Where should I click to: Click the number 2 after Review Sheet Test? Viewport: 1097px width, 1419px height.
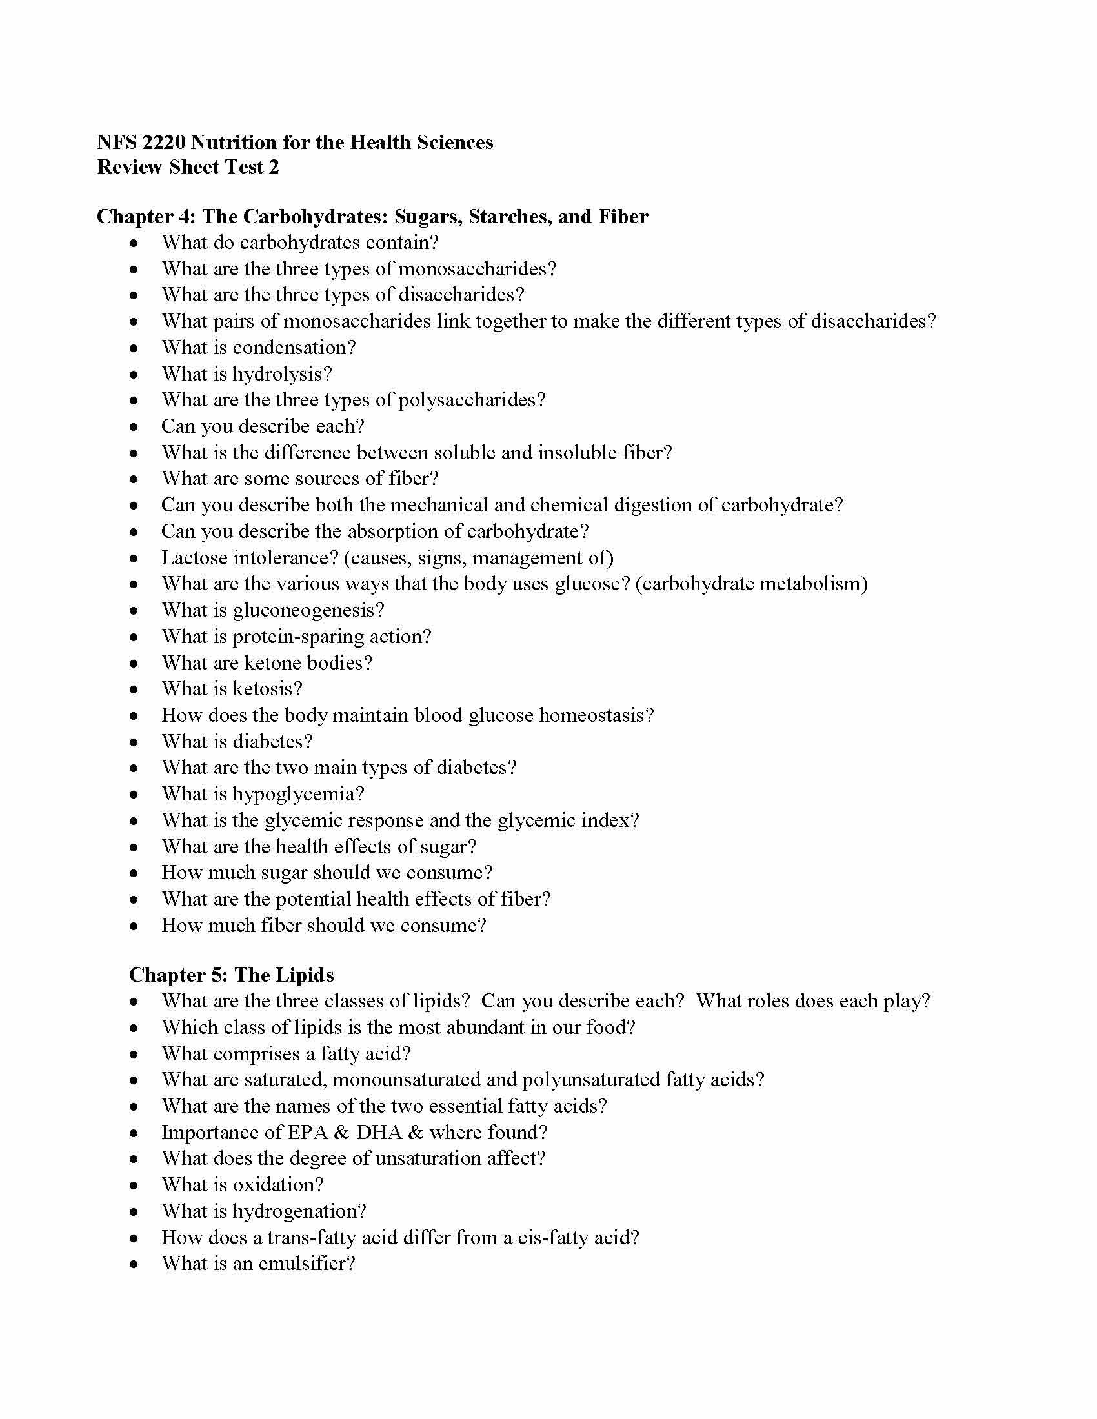click(274, 167)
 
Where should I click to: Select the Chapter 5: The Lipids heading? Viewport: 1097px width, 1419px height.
click(232, 975)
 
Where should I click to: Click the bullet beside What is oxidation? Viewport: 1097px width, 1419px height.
click(134, 1185)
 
